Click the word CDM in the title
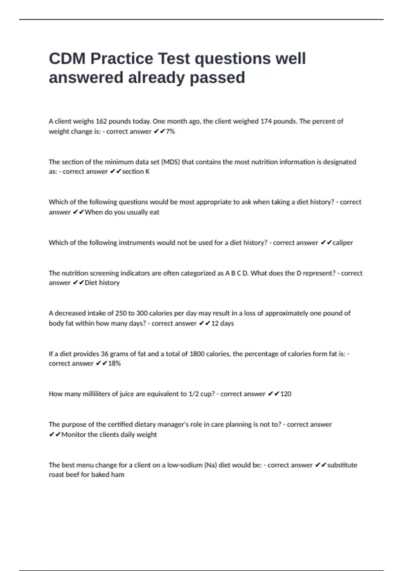(67, 58)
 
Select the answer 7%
(170, 131)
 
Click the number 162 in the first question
(101, 121)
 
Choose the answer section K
(136, 172)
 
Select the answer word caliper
(343, 243)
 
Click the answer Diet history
(102, 283)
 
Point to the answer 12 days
(222, 323)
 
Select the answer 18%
(114, 363)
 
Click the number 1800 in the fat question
(197, 354)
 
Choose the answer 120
(286, 394)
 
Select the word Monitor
(73, 435)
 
